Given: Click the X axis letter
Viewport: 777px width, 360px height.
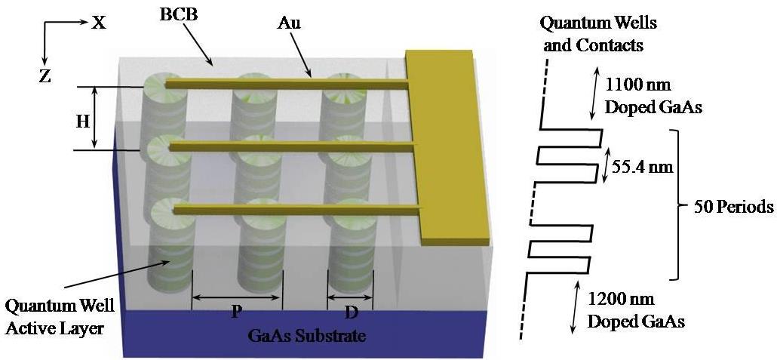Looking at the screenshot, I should (98, 23).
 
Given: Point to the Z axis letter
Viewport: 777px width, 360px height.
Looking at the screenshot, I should (45, 76).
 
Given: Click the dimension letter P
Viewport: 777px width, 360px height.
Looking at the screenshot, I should (236, 312).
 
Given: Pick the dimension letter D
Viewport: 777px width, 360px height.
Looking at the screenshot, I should (352, 312).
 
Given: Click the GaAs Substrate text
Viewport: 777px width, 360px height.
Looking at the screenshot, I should (307, 336).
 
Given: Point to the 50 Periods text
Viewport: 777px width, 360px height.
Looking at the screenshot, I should (730, 206).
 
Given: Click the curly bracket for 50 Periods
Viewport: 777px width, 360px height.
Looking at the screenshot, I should (678, 205).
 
